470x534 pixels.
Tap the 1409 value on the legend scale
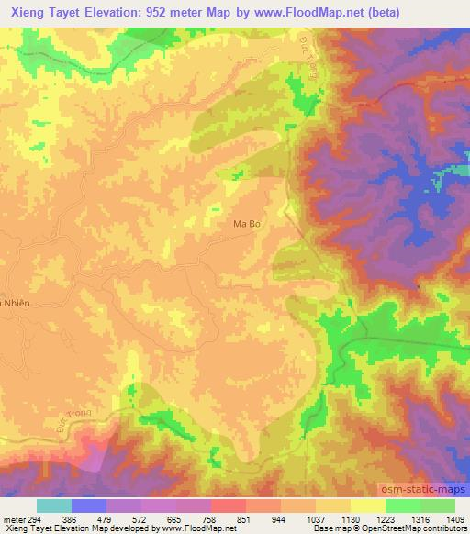(454, 518)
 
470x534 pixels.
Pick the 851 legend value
(244, 518)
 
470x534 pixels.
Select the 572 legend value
(140, 518)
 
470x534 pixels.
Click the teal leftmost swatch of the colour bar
(54, 506)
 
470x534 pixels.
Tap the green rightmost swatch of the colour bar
(438, 506)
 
